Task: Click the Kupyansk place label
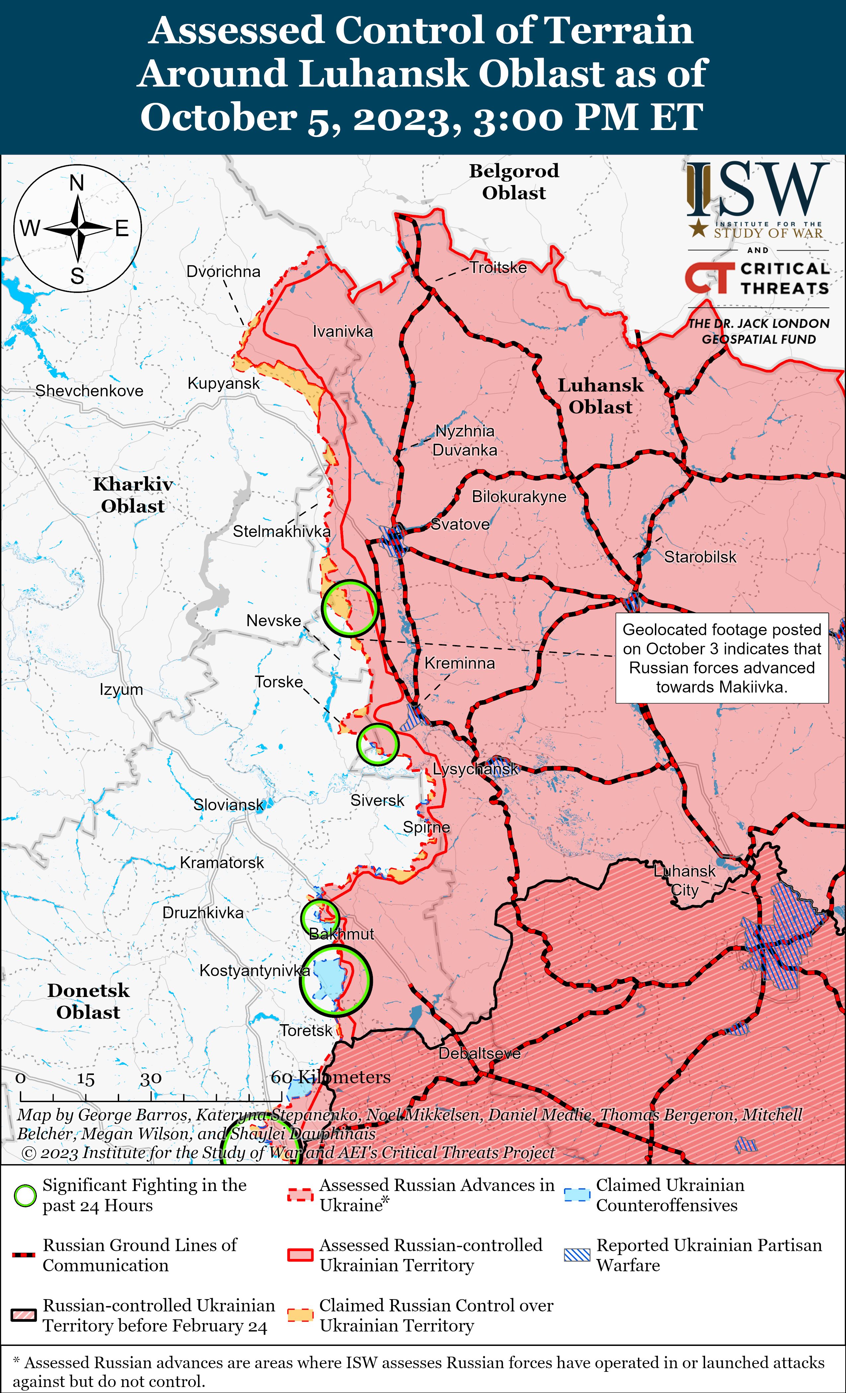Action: [x=223, y=383]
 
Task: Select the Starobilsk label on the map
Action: [x=700, y=557]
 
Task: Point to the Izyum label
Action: [x=121, y=690]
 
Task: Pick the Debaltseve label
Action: [x=479, y=1053]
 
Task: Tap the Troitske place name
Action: [x=498, y=267]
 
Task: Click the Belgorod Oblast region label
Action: [x=514, y=181]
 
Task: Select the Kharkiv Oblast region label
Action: [x=133, y=495]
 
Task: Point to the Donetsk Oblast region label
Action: [x=88, y=1001]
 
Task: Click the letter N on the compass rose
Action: [x=77, y=183]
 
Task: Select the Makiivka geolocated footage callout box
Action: [x=722, y=658]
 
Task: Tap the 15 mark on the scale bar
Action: [x=85, y=1079]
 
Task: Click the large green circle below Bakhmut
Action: [x=335, y=981]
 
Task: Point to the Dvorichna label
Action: [x=223, y=271]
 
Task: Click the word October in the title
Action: [x=218, y=117]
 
